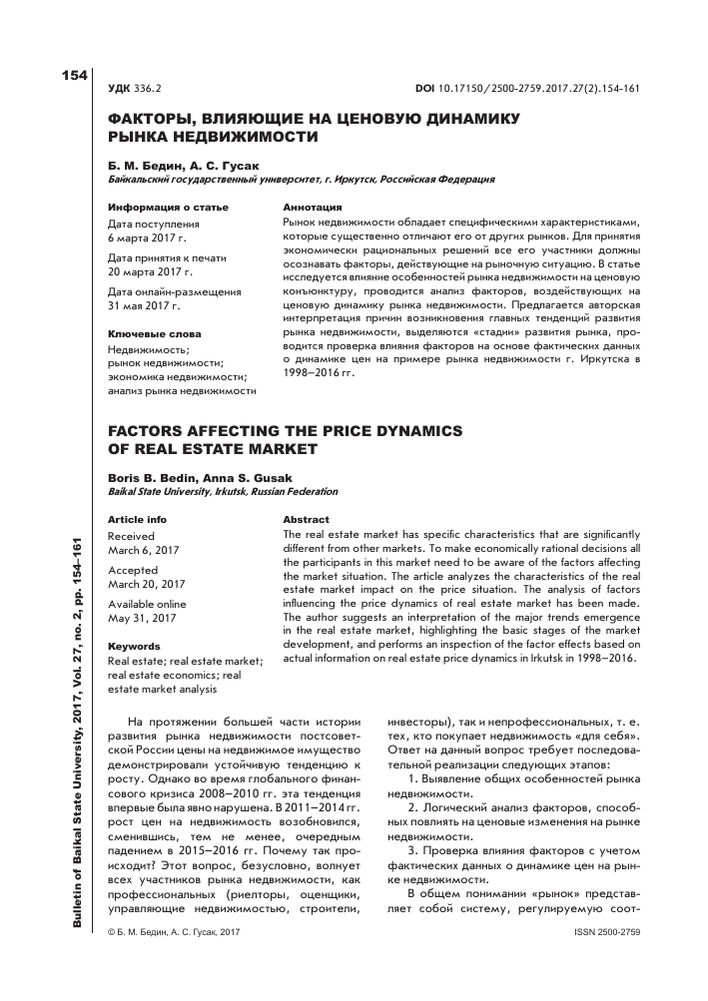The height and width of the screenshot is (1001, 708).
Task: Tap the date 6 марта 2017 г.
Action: [146, 240]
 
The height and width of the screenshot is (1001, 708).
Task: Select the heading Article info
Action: [137, 520]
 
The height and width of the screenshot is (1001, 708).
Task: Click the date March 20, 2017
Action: [149, 584]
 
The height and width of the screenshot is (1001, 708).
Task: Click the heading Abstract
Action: [306, 520]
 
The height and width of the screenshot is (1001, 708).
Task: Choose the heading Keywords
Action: [134, 646]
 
